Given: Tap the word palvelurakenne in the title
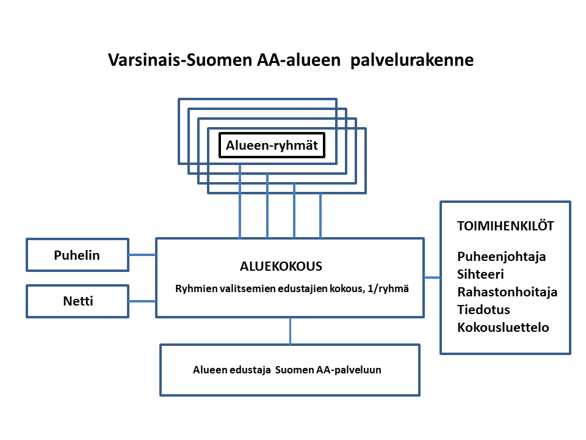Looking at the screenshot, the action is pyautogui.click(x=412, y=61).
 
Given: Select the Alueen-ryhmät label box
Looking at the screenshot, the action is pyautogui.click(x=272, y=145).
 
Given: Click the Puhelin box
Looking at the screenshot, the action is pyautogui.click(x=78, y=255).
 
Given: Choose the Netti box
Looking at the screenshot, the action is pyautogui.click(x=78, y=301).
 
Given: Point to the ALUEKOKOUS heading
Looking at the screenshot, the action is pyautogui.click(x=281, y=266).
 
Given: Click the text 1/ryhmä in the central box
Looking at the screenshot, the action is pyautogui.click(x=388, y=289).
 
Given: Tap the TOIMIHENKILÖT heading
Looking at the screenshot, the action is pyautogui.click(x=505, y=226).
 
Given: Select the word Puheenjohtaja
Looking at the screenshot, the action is pyautogui.click(x=502, y=257).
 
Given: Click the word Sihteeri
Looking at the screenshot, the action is pyautogui.click(x=480, y=274).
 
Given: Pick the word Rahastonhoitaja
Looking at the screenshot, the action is pyautogui.click(x=507, y=292).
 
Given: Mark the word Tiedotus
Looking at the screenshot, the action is pyautogui.click(x=483, y=309).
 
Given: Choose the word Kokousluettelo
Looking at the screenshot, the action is pyautogui.click(x=503, y=328).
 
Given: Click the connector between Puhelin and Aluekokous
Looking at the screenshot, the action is pyautogui.click(x=142, y=255).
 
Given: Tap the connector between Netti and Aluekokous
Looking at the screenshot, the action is pyautogui.click(x=142, y=301).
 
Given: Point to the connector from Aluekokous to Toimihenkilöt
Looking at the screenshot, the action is pyautogui.click(x=432, y=277).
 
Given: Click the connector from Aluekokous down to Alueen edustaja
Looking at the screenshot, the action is pyautogui.click(x=291, y=331).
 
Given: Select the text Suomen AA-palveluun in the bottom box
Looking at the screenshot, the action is pyautogui.click(x=328, y=370).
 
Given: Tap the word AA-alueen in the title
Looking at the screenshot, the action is pyautogui.click(x=298, y=60).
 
